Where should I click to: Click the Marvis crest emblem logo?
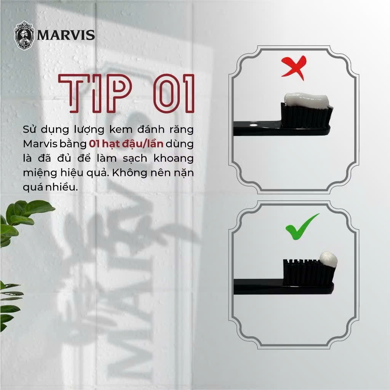[x=24, y=35]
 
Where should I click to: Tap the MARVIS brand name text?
[x=66, y=35]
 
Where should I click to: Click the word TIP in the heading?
[x=95, y=93]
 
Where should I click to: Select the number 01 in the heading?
[x=174, y=93]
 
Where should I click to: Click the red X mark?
[x=294, y=67]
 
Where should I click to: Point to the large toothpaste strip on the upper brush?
[x=307, y=101]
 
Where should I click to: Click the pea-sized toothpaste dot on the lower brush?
[x=328, y=259]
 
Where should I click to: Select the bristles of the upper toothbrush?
[x=306, y=116]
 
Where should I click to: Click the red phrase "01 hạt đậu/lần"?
[x=126, y=144]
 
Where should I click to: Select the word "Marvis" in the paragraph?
[x=40, y=144]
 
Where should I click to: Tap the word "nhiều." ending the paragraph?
[x=62, y=187]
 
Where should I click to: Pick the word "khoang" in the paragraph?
[x=173, y=158]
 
